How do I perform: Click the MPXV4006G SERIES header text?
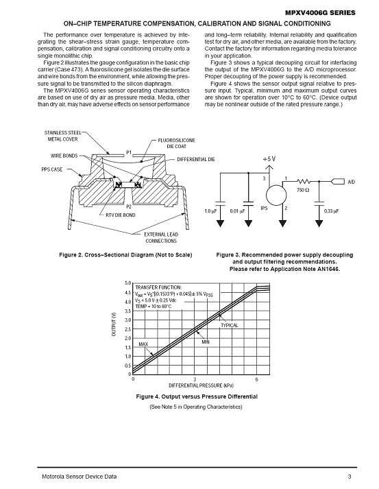point(320,13)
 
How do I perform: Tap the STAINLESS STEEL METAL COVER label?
point(62,136)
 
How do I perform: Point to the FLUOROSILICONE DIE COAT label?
point(176,143)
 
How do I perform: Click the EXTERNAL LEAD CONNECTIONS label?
point(161,237)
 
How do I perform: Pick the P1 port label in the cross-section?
point(129,152)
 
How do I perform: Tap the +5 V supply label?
point(269,159)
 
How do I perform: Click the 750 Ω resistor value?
point(303,190)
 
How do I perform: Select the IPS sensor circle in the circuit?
point(276,195)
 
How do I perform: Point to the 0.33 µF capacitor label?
point(331,211)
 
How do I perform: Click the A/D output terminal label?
point(352,182)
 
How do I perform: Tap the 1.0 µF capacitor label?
point(210,211)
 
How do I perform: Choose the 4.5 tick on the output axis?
point(128,293)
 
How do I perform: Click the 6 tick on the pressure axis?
point(257,379)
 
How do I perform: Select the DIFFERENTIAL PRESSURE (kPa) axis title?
point(201,385)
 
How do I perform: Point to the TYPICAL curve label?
point(230,325)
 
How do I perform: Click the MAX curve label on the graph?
point(143,344)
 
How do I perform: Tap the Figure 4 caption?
point(197,396)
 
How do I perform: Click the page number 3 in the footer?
point(350,477)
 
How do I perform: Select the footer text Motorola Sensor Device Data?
point(80,477)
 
